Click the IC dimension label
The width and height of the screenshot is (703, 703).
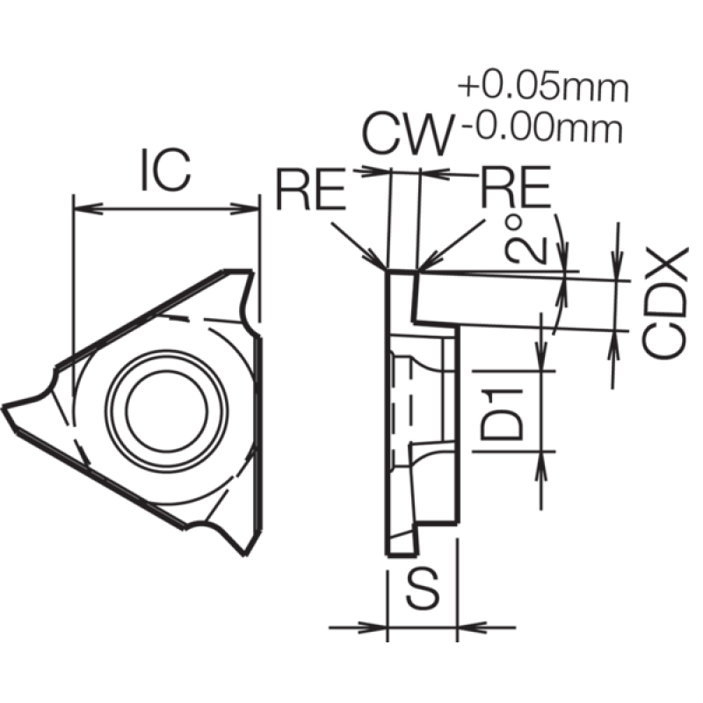point(166,170)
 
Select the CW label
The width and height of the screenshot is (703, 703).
point(407,135)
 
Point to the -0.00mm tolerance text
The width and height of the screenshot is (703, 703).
point(542,128)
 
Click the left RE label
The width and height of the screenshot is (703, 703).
point(311,188)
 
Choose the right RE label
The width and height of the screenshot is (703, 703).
point(515,186)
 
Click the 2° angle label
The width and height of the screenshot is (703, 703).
point(525,239)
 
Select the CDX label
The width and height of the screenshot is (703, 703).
point(664,303)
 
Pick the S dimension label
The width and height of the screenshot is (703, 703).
point(423,588)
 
